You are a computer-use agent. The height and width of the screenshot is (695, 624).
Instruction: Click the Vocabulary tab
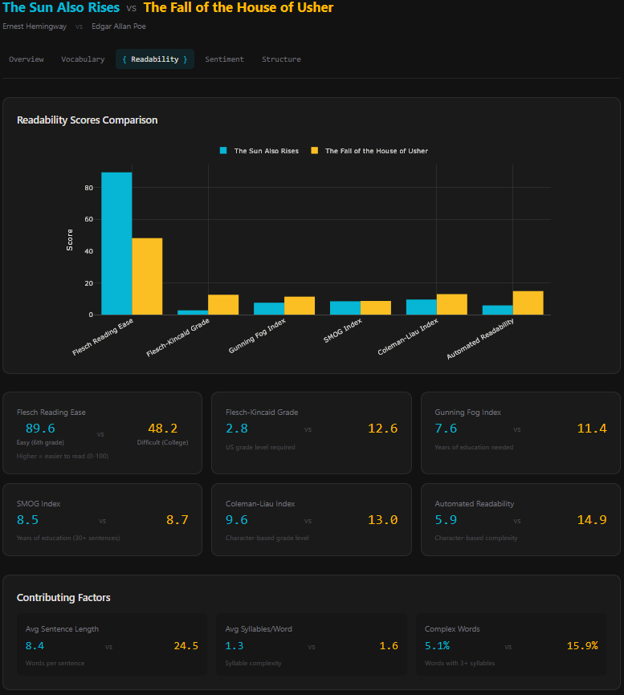coord(83,59)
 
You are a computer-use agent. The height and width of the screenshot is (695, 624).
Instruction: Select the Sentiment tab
coord(224,59)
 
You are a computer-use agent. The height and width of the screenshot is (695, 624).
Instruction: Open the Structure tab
coord(281,59)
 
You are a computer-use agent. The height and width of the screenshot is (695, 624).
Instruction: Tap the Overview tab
coord(27,59)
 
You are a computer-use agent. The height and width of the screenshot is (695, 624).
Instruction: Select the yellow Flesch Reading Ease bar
coord(147,277)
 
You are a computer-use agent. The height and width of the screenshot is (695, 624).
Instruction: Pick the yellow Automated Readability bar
coord(528,303)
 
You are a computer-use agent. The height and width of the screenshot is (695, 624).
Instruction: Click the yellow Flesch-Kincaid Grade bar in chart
coord(223,305)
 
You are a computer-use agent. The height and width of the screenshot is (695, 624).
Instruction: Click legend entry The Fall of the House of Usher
coord(376,151)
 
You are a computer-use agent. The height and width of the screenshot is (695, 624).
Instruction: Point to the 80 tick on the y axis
coord(89,188)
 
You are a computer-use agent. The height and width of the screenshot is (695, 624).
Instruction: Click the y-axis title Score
coord(70,240)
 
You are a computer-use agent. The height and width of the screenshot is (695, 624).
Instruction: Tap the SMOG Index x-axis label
coord(343,330)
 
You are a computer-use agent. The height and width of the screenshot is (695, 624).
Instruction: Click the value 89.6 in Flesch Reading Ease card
coord(40,429)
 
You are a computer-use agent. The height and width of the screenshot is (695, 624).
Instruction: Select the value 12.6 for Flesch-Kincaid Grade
coord(382,429)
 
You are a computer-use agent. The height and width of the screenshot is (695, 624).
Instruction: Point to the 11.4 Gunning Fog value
coord(591,429)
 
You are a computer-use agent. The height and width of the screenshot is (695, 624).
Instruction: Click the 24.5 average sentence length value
coord(186,646)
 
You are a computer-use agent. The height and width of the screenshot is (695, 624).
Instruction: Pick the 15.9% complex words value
coord(582,646)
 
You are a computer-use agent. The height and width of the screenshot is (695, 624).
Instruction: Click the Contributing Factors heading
coord(63,598)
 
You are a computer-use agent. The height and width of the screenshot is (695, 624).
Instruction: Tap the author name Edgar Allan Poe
coord(119,26)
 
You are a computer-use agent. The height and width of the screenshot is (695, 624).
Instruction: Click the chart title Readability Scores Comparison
coord(87,120)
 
